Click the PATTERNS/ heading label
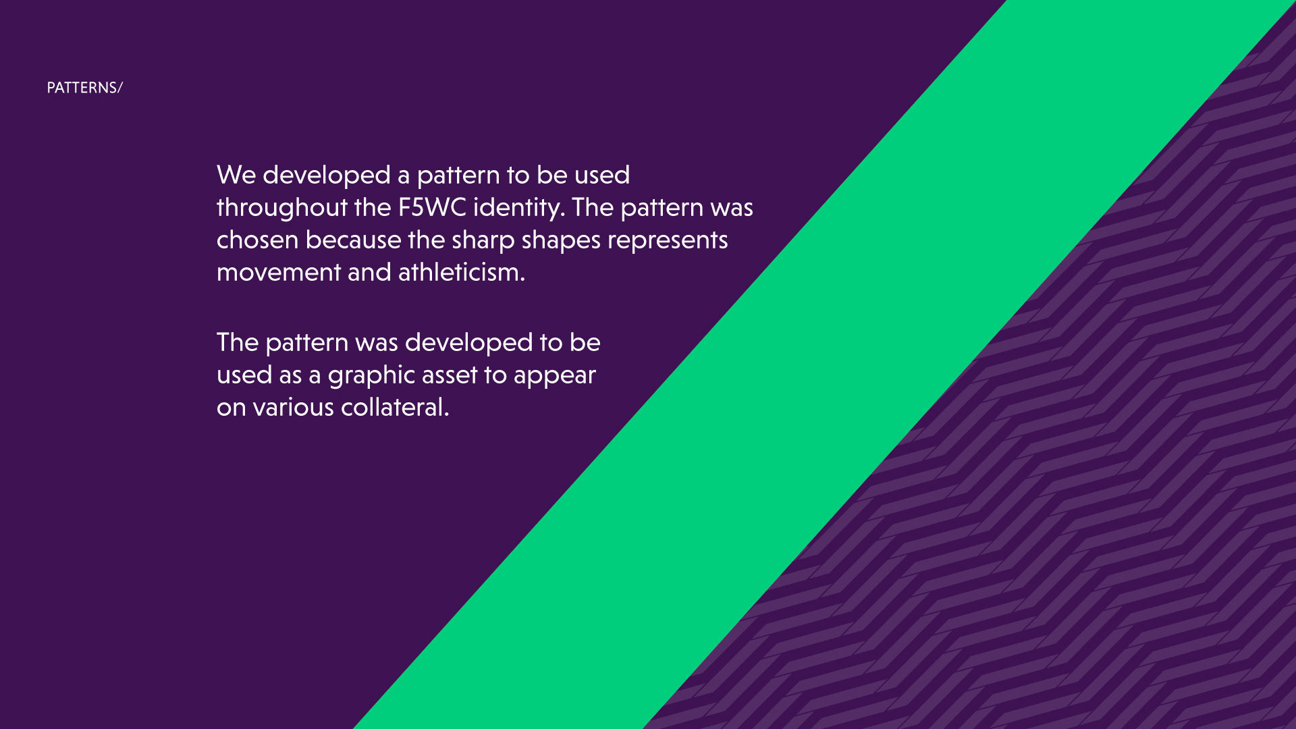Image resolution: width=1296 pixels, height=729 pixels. coord(84,88)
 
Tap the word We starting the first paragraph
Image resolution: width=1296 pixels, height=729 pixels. coord(236,175)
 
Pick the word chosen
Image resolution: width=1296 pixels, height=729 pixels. coord(257,240)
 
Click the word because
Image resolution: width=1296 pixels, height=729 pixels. coord(353,240)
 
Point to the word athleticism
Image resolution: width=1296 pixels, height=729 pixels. coord(461,273)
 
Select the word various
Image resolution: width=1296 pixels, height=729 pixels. coord(293,408)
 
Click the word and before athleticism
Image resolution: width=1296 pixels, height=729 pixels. coord(369,273)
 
